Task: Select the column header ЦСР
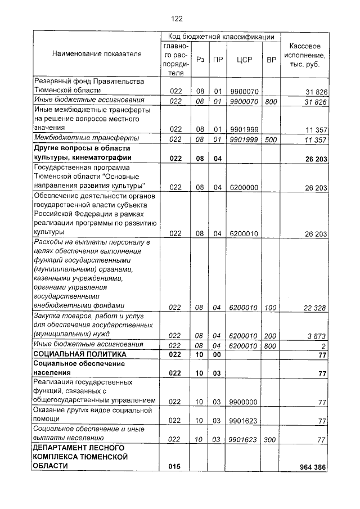[244, 59]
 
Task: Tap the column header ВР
[271, 59]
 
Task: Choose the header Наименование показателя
[97, 54]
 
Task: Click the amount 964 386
[313, 467]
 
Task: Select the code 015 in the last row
[175, 467]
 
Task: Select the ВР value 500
[271, 139]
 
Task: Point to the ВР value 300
[271, 439]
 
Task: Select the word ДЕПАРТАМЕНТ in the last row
[62, 448]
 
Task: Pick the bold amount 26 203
[316, 159]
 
